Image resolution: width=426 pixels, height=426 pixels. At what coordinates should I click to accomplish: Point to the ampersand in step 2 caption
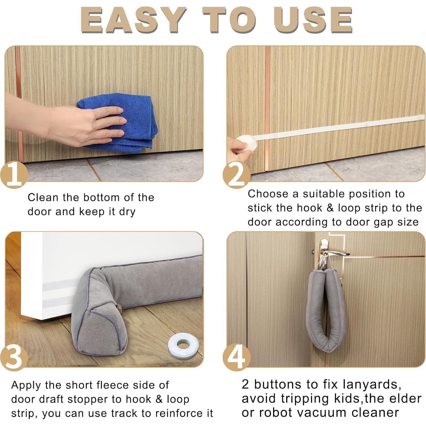coord(330,208)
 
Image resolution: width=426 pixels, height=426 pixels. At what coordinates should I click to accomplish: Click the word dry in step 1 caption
coord(127,212)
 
